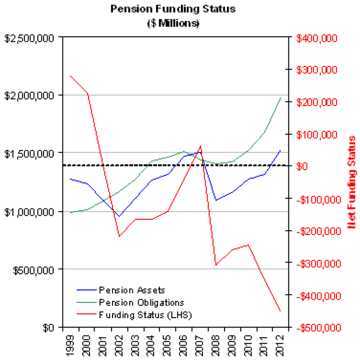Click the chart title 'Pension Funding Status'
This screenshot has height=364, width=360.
[x=173, y=9]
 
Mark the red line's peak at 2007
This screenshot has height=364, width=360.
[x=201, y=146]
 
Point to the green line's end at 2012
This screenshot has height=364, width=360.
[x=281, y=97]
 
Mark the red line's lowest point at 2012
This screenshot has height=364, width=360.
[x=280, y=311]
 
